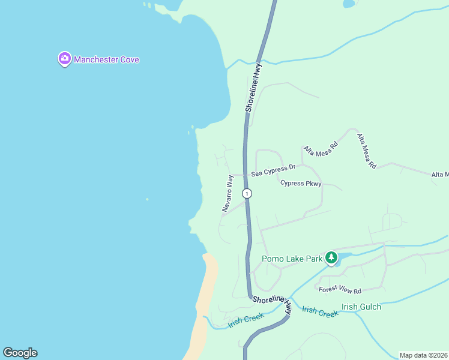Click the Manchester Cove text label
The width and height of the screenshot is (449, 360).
pos(106,59)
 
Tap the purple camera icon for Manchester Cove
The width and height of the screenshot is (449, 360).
pos(64,59)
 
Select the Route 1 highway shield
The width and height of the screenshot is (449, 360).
pos(247,193)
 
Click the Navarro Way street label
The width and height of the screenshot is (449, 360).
pos(228,193)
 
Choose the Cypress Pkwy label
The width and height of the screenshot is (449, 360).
pos(301,184)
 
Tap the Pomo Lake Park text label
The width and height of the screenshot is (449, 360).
pos(292,259)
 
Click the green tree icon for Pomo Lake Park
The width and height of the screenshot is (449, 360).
pos(331,258)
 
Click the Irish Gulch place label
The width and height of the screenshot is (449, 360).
pos(361,307)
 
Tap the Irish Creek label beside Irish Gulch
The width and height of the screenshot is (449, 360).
pos(320,311)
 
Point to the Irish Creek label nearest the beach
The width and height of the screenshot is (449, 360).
pos(246,321)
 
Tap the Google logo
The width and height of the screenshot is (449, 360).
pos(20,353)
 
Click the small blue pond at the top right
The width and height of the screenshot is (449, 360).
pos(348,4)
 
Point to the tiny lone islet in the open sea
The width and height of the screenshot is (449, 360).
pos(147,199)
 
